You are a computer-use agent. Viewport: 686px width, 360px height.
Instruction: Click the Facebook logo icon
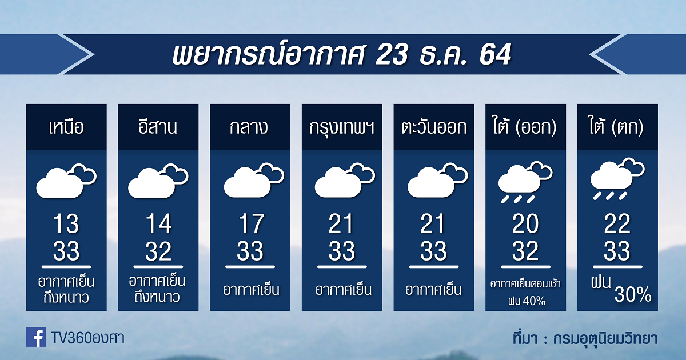click(x=36, y=337)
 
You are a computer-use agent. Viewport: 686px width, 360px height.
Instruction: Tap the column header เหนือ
click(x=66, y=127)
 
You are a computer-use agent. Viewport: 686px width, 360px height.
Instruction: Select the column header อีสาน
click(x=158, y=126)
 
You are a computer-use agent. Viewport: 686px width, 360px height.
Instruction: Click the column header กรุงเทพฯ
click(x=342, y=128)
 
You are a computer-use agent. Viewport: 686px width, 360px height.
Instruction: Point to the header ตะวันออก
click(x=434, y=127)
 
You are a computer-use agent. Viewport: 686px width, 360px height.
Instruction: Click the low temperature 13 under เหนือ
click(x=66, y=223)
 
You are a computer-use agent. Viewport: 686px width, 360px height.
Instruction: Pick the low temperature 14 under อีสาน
click(x=158, y=223)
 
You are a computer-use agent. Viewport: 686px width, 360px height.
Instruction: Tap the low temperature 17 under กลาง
click(x=250, y=223)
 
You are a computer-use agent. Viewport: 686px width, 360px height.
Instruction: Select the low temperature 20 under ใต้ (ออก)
click(x=525, y=223)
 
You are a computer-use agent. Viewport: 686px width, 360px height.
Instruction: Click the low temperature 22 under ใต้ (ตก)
click(x=617, y=223)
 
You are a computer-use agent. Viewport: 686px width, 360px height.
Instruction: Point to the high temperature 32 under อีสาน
click(x=158, y=251)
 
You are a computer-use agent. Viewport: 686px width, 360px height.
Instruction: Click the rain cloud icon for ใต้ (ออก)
click(x=525, y=182)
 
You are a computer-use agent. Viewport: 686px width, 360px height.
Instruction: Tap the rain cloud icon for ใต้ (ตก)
click(x=617, y=179)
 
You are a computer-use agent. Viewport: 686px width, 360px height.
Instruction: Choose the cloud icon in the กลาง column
click(x=254, y=180)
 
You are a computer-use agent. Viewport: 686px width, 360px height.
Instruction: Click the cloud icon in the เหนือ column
click(x=66, y=181)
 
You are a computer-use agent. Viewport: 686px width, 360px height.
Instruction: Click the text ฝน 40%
click(x=527, y=301)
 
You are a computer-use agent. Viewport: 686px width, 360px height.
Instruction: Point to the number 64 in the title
click(x=495, y=54)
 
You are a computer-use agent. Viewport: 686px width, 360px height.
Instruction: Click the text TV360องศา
click(x=88, y=338)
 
